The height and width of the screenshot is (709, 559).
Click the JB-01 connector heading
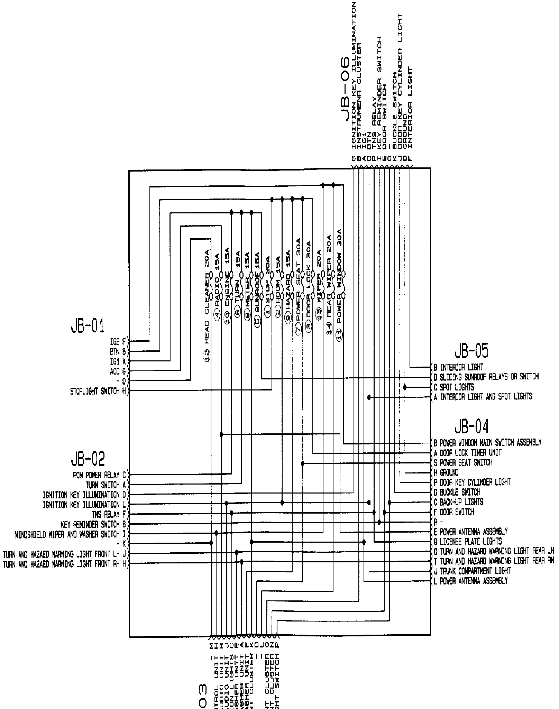click(x=88, y=326)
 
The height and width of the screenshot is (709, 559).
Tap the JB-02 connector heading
click(x=88, y=459)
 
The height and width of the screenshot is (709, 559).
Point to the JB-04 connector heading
click(x=471, y=426)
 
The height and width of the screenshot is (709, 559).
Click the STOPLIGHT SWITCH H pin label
click(x=98, y=391)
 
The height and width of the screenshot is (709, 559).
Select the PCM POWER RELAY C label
click(x=101, y=475)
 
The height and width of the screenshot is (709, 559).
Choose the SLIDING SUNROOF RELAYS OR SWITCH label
click(x=489, y=377)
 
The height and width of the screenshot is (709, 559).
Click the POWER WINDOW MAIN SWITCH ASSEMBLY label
click(x=490, y=442)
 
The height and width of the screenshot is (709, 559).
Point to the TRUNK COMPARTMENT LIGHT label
click(x=475, y=571)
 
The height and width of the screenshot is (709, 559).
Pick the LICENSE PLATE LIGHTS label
click(x=470, y=541)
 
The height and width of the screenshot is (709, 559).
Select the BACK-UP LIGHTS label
click(x=461, y=502)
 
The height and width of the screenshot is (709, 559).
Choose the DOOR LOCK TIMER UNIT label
click(x=470, y=452)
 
